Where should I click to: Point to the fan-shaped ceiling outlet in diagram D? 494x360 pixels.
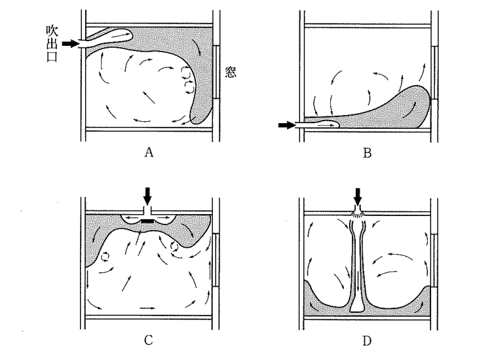tap(357, 213)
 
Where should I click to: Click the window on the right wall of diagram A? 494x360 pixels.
tap(216, 72)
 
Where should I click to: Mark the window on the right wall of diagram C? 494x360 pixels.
tap(216, 258)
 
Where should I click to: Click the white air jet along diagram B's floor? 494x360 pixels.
tap(321, 122)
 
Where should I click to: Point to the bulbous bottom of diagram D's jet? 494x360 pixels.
tap(357, 305)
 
